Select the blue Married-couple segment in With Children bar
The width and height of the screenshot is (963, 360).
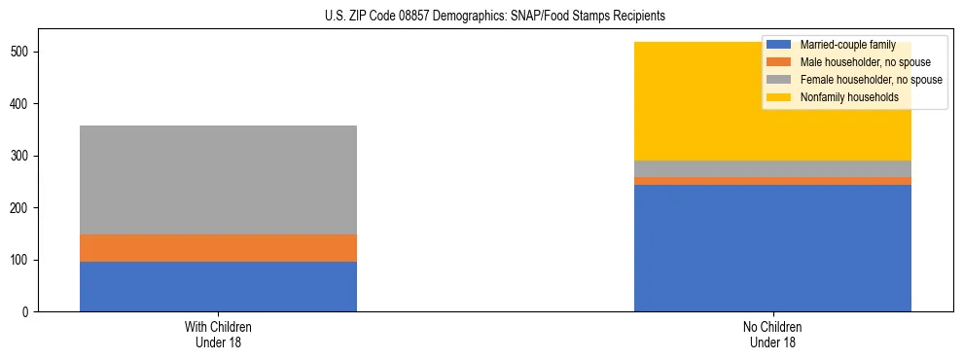point(218,286)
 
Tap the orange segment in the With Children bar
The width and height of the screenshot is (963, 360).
point(218,248)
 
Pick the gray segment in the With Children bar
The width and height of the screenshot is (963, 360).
point(218,180)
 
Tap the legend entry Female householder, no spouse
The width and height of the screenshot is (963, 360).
point(871,80)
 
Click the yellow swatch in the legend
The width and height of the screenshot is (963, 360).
point(779,97)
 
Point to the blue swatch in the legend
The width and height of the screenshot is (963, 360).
point(779,45)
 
